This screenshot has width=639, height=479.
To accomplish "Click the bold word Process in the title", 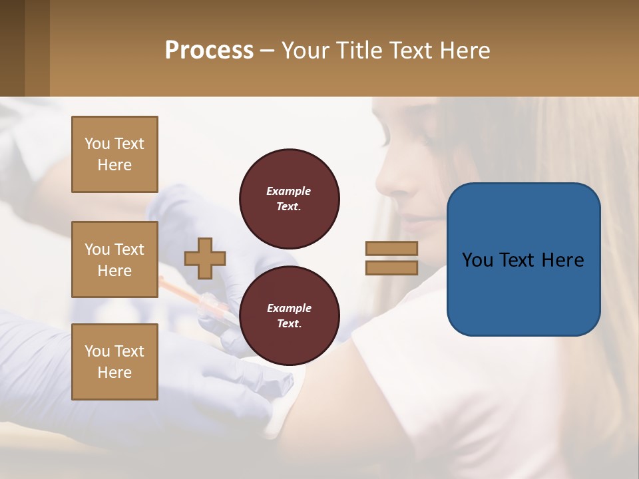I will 209,51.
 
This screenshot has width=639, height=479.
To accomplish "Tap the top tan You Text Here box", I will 114,154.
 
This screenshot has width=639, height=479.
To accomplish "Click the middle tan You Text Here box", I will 114,259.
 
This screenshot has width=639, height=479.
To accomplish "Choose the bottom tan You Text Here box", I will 114,361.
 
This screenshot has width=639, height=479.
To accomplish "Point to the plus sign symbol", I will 205,258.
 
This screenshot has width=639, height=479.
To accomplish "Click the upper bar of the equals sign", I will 391,248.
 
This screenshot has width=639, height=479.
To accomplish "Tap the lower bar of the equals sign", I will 391,268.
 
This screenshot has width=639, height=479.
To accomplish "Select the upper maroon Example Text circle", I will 289,198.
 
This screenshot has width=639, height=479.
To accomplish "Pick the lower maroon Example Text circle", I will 289,315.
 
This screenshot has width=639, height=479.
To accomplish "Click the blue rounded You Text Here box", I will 523,259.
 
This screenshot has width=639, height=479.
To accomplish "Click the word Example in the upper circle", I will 289,191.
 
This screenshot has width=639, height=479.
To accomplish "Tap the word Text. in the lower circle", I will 289,323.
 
